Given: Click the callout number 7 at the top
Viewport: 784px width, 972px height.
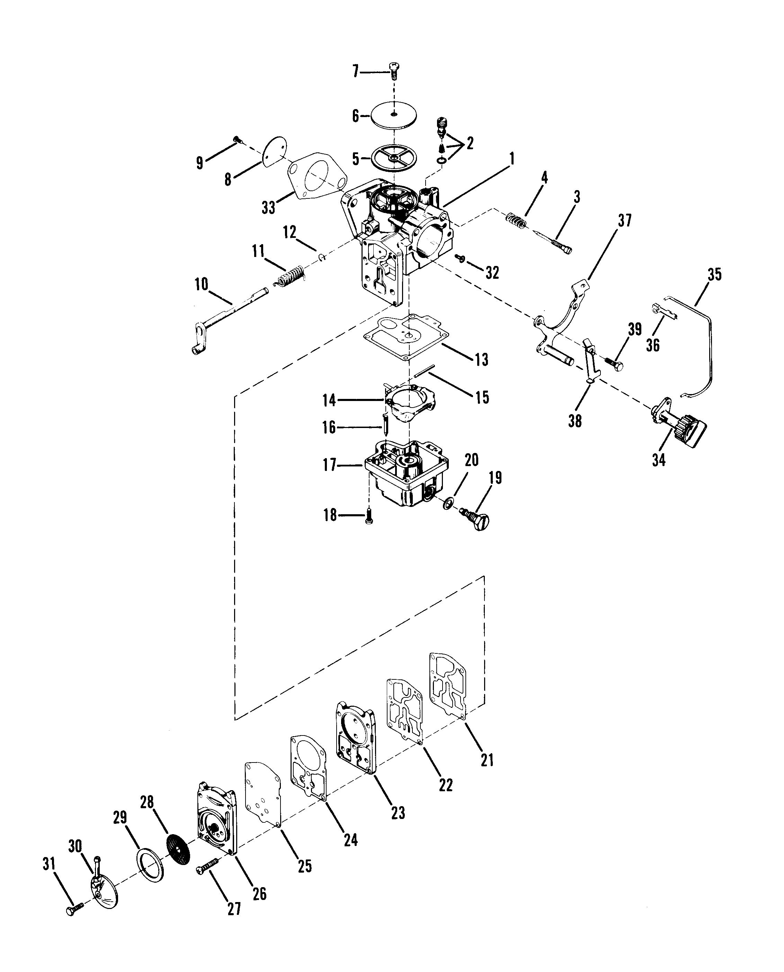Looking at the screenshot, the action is click(355, 71).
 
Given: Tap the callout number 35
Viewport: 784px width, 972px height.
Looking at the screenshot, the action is click(714, 275).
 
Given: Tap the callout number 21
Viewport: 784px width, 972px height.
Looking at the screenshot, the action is click(487, 760).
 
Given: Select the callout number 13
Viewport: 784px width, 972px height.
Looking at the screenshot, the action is click(481, 359).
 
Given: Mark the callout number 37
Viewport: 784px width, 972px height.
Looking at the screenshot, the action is click(625, 221).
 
